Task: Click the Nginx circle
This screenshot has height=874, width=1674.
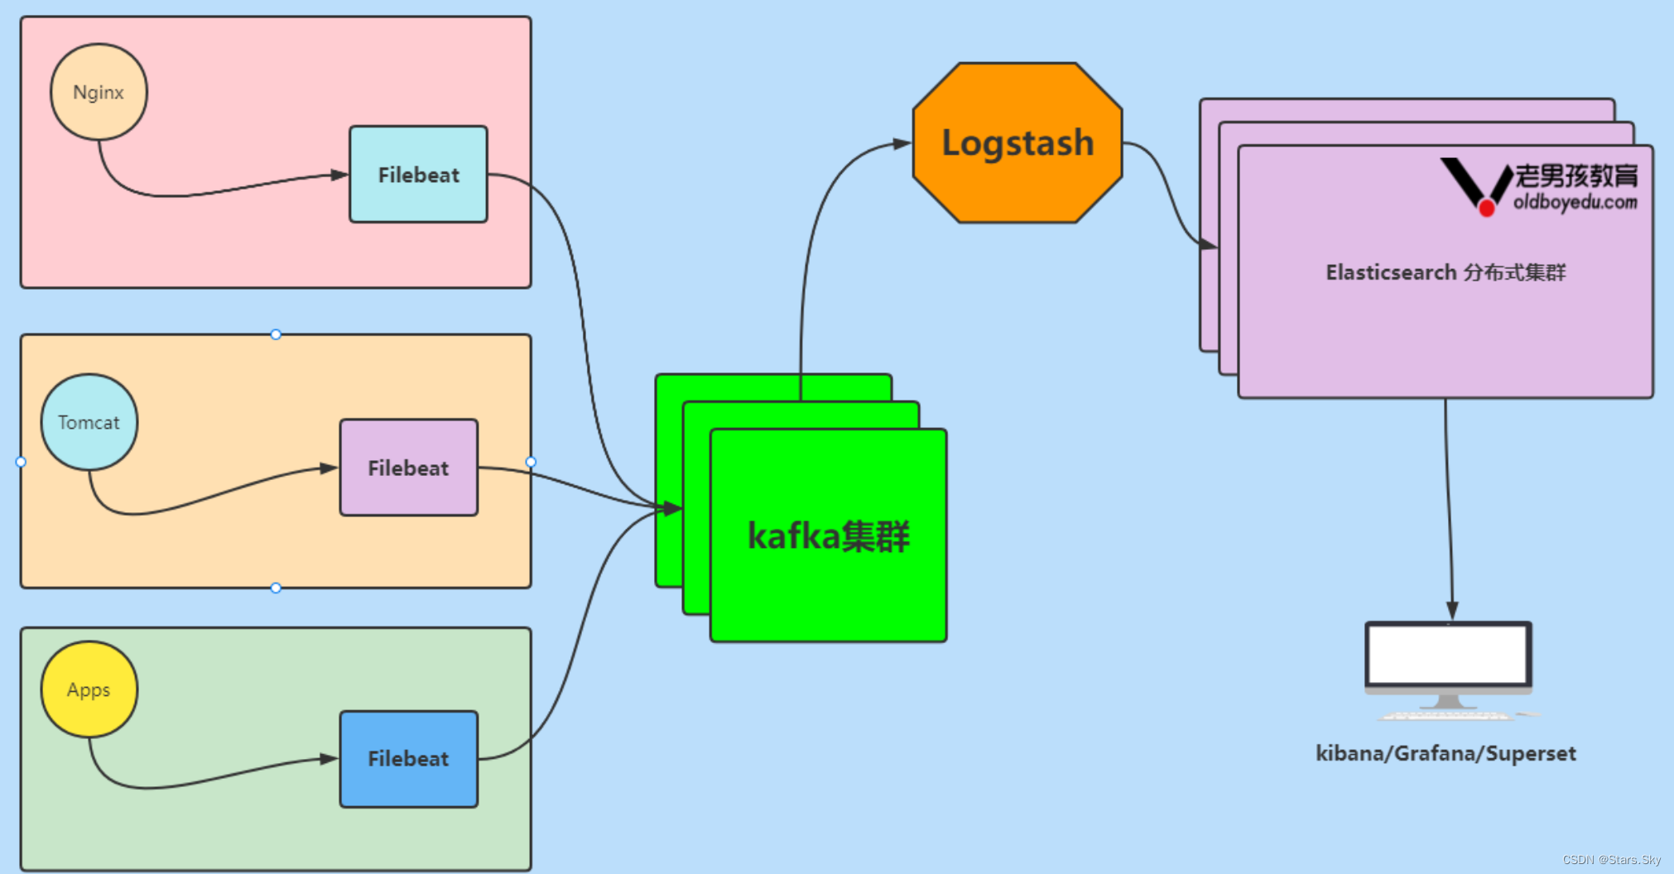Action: pyautogui.click(x=99, y=92)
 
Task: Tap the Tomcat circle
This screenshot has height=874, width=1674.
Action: pyautogui.click(x=89, y=422)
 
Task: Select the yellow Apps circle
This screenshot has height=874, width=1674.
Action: pyautogui.click(x=89, y=689)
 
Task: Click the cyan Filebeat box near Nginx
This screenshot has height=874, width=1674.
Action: pyautogui.click(x=418, y=175)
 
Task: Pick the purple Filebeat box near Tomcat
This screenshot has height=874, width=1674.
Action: pyautogui.click(x=408, y=468)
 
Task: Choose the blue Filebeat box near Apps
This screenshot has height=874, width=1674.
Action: pyautogui.click(x=408, y=759)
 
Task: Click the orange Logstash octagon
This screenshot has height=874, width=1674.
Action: pyautogui.click(x=1017, y=142)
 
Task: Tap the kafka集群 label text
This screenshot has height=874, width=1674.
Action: pyautogui.click(x=828, y=536)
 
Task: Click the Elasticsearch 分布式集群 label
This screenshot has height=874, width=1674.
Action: pyautogui.click(x=1446, y=272)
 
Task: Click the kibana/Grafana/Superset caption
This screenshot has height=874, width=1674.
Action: pyautogui.click(x=1446, y=753)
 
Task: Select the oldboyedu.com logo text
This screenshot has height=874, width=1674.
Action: pyautogui.click(x=1575, y=201)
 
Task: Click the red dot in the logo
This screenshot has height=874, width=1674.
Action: pyautogui.click(x=1486, y=208)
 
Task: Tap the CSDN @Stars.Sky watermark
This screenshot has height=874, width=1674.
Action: pyautogui.click(x=1611, y=860)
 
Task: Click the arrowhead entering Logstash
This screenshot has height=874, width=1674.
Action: pyautogui.click(x=902, y=144)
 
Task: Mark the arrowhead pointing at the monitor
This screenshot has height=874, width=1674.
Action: pyautogui.click(x=1452, y=611)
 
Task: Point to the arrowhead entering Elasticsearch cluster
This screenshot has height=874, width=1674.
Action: pyautogui.click(x=1209, y=244)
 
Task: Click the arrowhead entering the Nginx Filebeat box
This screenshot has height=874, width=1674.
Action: pyautogui.click(x=339, y=175)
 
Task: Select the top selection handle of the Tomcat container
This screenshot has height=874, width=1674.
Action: pyautogui.click(x=276, y=334)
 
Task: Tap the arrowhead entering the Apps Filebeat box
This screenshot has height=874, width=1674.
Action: pyautogui.click(x=329, y=759)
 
